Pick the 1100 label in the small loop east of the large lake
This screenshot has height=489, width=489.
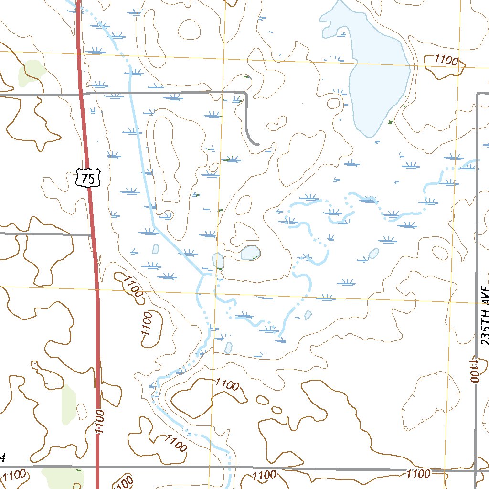tap(446, 61)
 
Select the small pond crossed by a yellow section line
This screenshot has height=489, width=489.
tap(218, 261)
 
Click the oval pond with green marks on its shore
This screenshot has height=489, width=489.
tap(250, 253)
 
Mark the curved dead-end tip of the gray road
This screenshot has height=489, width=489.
tap(257, 143)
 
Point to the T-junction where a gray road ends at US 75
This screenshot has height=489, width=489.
tap(91, 234)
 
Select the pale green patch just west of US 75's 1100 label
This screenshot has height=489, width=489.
tap(69, 404)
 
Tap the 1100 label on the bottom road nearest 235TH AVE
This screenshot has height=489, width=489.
tap(418, 474)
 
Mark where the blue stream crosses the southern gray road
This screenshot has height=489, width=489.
tap(230, 467)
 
